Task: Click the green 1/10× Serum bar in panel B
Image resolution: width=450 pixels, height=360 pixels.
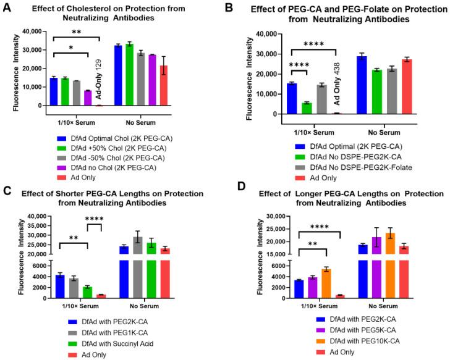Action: click(306, 108)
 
